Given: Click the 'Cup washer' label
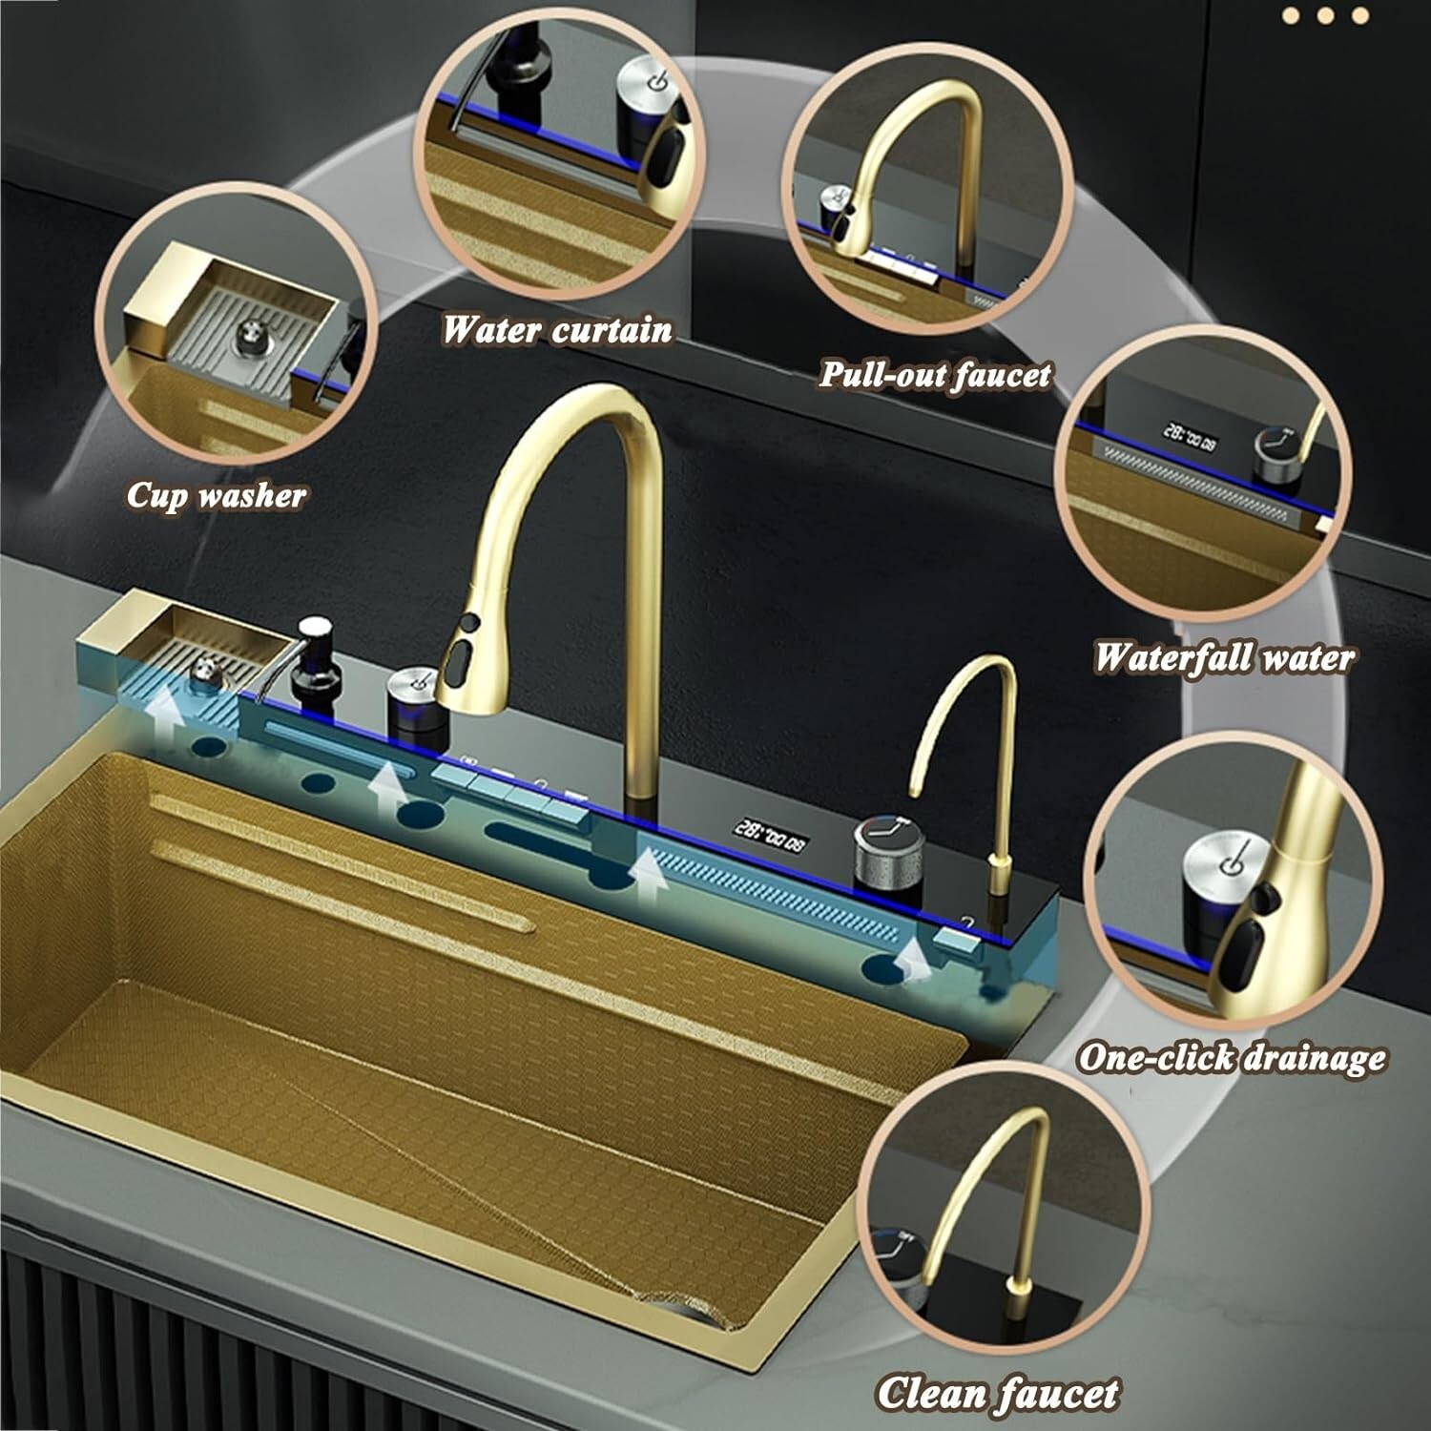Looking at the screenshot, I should (216, 495).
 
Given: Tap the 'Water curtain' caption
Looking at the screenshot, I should (557, 330).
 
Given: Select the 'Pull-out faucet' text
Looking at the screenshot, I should (935, 374).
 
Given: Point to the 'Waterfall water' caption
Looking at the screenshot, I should (1223, 657).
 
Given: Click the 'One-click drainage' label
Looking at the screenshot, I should (1232, 1057).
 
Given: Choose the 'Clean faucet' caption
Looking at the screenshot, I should (998, 1392).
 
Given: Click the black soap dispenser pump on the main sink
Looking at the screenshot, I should (312, 658).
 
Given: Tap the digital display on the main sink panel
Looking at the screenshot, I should (768, 827).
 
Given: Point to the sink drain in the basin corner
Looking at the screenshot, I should (668, 1303).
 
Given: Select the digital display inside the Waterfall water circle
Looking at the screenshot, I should (1188, 437).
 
